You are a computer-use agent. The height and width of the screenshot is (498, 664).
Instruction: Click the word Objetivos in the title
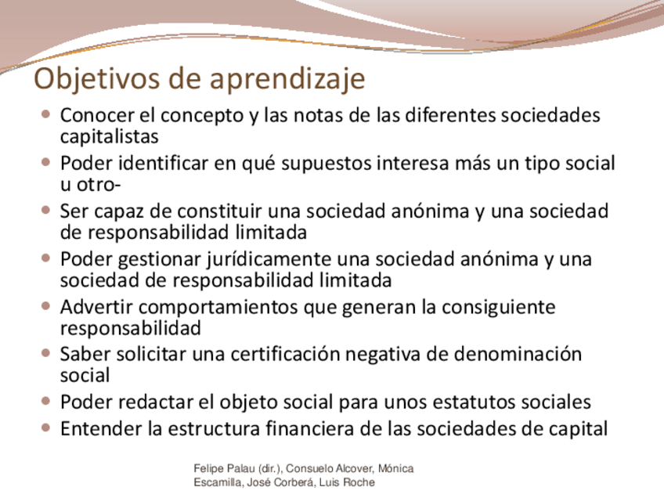(97, 79)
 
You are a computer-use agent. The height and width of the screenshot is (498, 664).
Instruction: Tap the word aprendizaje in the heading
(287, 79)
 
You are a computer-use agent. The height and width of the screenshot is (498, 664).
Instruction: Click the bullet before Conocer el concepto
(46, 114)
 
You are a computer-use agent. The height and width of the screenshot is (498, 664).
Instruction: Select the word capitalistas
(110, 137)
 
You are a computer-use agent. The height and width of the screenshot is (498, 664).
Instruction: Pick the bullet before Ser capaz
(46, 210)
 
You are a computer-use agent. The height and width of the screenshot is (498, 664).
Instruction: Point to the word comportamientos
(218, 308)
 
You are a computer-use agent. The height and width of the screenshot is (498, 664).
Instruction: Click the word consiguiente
(499, 308)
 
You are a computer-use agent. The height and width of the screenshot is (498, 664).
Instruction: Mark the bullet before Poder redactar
(46, 401)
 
